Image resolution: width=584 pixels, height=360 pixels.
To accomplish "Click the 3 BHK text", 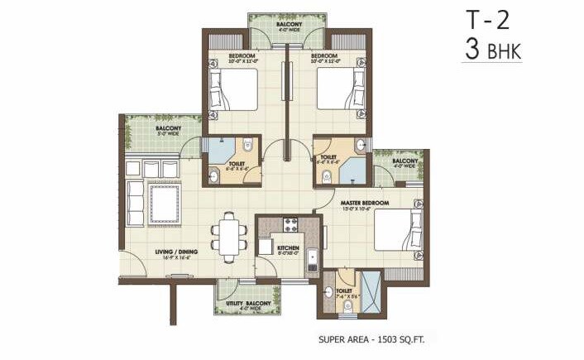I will [494, 49].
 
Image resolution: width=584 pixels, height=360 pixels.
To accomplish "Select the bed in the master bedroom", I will [395, 228].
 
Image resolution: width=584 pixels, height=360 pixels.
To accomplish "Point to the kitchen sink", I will [313, 262].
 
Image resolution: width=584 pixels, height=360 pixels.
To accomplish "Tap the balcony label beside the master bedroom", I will [404, 163].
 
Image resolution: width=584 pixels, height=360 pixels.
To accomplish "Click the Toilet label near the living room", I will [236, 166].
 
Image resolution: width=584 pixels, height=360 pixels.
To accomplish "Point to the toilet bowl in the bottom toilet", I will [348, 306].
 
